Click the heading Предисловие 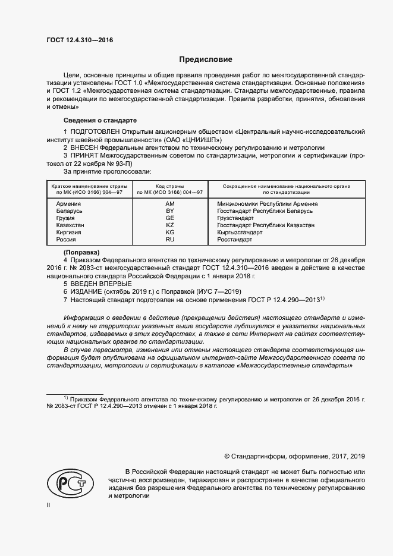coord(206,60)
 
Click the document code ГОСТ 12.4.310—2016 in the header coord(79,41)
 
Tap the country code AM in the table coord(169,203)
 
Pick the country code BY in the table coord(169,211)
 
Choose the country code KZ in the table coord(169,225)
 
